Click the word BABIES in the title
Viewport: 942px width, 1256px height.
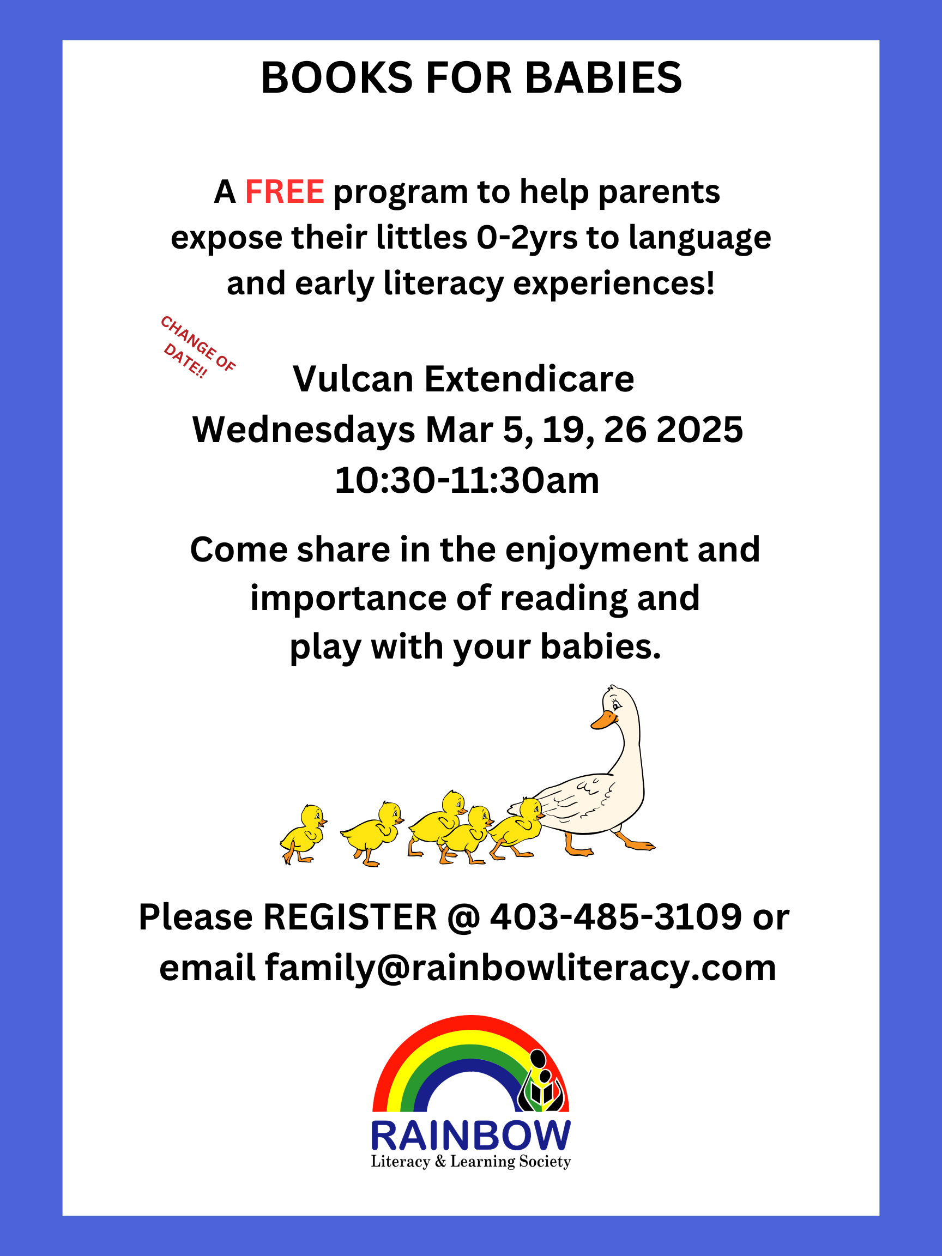[x=603, y=78]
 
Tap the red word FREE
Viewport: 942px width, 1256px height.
[x=285, y=192]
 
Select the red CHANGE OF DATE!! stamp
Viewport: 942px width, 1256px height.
[x=196, y=347]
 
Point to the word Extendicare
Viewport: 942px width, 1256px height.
[x=529, y=379]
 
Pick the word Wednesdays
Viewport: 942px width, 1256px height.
[x=304, y=430]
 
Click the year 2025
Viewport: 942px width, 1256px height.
[x=699, y=430]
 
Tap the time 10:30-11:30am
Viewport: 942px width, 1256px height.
[x=467, y=481]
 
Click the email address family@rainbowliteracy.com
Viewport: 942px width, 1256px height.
[x=520, y=968]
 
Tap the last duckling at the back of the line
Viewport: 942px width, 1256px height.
[x=303, y=834]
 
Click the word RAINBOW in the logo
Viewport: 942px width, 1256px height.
[x=470, y=1136]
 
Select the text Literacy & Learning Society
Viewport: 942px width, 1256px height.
[x=470, y=1162]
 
